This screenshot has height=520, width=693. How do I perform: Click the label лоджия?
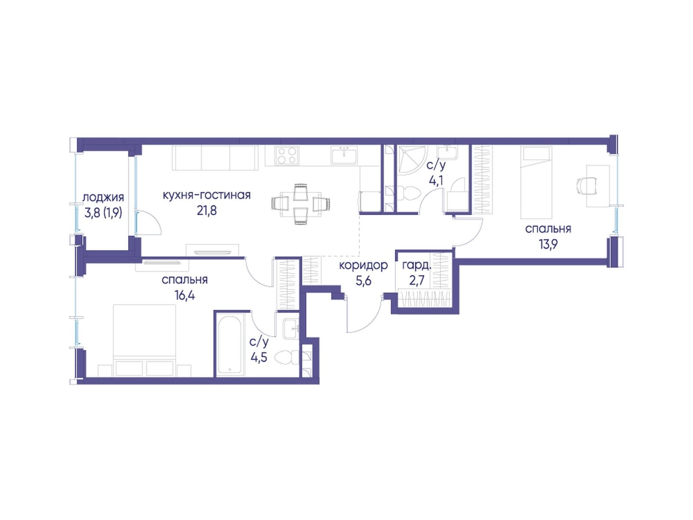coord(103,198)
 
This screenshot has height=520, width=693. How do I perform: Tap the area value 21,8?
coord(207,211)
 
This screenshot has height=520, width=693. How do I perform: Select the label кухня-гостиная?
coord(207,195)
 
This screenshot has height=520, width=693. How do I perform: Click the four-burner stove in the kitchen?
coord(287,156)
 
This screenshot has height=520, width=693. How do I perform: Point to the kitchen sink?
coord(344,156)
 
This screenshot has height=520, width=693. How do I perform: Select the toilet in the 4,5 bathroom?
coord(287,357)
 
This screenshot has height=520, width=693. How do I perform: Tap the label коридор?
coord(363,265)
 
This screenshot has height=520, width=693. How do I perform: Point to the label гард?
coord(416,265)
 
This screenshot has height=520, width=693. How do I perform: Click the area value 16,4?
coord(185,295)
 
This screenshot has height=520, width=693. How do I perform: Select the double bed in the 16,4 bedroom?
coord(144,340)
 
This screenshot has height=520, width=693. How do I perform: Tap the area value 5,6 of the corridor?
coord(363,281)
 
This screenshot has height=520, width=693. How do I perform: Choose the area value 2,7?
coord(416,281)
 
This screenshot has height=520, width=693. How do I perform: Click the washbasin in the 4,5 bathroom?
coord(291,329)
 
